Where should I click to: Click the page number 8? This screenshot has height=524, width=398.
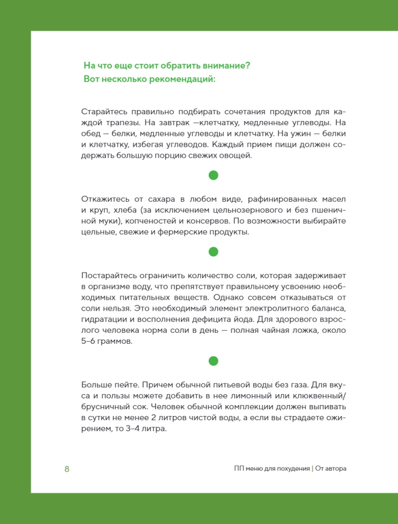67,469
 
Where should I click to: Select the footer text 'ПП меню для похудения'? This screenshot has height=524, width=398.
272,469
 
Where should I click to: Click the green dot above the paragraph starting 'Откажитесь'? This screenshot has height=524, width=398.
213,175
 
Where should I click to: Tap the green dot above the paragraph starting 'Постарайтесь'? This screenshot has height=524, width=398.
213,252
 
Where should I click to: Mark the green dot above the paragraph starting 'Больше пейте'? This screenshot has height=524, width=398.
213,361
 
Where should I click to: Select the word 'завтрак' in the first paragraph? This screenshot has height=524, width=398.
174,123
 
